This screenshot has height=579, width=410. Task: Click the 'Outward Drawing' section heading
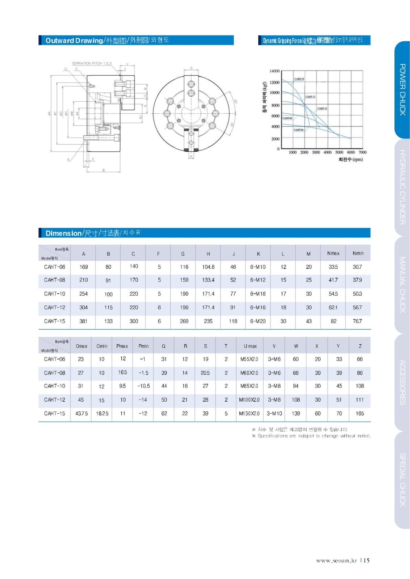click(x=74, y=41)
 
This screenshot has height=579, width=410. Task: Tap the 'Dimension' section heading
click(x=63, y=233)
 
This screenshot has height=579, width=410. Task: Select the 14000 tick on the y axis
click(x=274, y=71)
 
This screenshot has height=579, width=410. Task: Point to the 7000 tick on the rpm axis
click(x=362, y=152)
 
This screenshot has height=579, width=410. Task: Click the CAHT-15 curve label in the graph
click(x=299, y=79)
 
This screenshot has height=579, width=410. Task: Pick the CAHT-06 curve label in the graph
click(x=298, y=130)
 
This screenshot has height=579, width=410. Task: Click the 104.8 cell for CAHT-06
click(x=208, y=267)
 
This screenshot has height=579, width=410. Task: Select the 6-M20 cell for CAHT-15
click(x=258, y=321)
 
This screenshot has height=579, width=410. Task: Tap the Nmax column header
click(x=333, y=253)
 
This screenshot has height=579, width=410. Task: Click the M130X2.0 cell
click(x=249, y=414)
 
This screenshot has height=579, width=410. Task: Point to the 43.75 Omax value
click(x=81, y=414)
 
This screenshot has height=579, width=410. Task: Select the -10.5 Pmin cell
click(x=143, y=386)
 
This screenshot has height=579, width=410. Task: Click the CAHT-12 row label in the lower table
click(x=55, y=400)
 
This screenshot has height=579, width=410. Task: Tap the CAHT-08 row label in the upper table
click(x=55, y=280)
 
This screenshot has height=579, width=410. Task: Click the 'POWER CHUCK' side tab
click(x=402, y=90)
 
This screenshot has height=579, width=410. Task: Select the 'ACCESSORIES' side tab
click(x=402, y=382)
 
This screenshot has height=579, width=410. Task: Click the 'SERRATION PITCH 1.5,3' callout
click(x=91, y=63)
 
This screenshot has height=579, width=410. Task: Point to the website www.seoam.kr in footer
click(x=336, y=561)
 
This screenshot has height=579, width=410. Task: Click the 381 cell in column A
click(x=83, y=321)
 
